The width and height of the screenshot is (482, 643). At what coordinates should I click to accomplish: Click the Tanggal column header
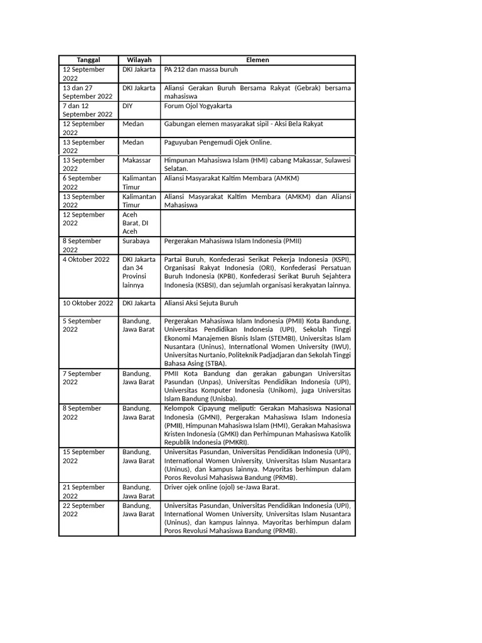[88, 60]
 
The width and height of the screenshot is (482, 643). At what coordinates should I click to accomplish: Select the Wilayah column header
[139, 60]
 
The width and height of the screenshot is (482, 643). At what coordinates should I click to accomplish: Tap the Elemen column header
[258, 60]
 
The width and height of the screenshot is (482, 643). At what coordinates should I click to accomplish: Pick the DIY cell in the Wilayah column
[128, 105]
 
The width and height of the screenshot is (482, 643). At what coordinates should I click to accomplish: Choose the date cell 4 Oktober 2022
[87, 259]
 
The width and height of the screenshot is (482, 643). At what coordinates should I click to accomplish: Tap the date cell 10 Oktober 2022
[88, 303]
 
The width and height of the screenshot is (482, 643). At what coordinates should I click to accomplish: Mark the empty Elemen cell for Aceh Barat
[258, 223]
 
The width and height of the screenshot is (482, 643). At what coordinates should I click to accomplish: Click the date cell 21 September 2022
[84, 491]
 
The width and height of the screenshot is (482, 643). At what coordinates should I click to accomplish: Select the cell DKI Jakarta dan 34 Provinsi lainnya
[139, 273]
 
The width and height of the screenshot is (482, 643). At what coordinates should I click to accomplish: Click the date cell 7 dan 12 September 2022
[88, 109]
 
